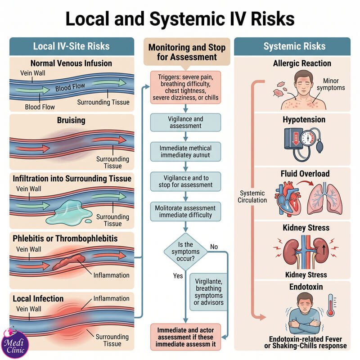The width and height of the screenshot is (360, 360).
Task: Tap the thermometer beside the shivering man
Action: click(x=331, y=305)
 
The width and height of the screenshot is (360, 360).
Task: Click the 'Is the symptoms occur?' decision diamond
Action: click(x=185, y=252)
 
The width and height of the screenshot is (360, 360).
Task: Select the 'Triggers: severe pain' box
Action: click(x=185, y=87)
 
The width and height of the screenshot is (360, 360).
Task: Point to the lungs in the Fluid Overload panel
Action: click(x=324, y=198)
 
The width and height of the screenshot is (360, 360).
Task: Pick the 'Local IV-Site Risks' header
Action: click(x=72, y=46)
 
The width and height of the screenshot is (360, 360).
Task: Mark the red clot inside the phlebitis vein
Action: click(x=69, y=262)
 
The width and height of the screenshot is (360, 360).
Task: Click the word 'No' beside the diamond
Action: click(x=214, y=247)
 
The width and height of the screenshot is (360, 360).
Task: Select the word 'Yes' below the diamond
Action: click(x=178, y=276)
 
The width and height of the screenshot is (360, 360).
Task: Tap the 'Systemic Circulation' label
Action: click(x=252, y=197)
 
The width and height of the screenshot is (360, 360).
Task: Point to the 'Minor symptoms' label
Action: click(x=331, y=84)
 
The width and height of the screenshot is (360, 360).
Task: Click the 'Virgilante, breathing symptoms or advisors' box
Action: click(x=208, y=292)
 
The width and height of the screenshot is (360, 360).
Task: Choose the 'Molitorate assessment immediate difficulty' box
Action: click(x=185, y=211)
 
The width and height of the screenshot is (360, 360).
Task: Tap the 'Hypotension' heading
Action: click(x=304, y=119)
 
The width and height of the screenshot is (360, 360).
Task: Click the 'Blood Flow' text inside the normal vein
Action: click(x=70, y=87)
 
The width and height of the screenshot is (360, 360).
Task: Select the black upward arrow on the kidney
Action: click(x=324, y=250)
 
